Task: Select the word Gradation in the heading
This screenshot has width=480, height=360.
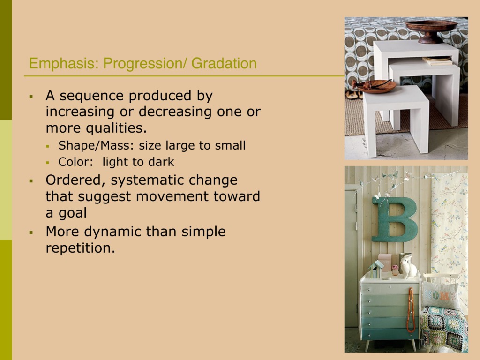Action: click(224, 63)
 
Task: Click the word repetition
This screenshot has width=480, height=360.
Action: click(81, 248)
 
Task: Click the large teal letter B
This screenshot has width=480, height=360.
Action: click(395, 219)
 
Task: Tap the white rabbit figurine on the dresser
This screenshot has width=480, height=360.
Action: click(408, 267)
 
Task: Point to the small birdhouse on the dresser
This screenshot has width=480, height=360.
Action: click(376, 269)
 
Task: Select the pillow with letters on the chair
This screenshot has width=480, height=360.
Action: click(441, 295)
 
